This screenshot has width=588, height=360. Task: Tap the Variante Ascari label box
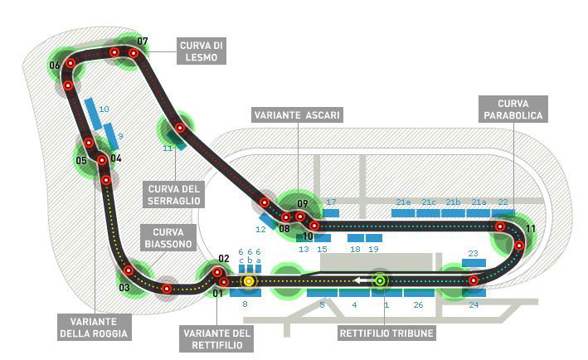click(298, 114)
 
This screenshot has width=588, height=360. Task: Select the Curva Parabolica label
click(513, 108)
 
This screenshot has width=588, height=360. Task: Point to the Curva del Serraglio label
click(173, 193)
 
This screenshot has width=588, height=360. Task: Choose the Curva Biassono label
click(168, 237)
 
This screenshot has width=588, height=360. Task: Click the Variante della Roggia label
click(94, 328)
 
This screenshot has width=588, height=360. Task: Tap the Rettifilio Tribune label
click(386, 334)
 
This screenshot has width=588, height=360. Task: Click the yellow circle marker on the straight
click(248, 281)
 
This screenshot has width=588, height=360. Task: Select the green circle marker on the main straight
click(380, 280)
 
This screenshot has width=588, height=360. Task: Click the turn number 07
click(143, 41)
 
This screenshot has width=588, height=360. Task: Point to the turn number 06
click(54, 65)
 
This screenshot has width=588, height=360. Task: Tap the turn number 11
click(531, 228)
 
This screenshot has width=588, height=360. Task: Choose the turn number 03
click(124, 288)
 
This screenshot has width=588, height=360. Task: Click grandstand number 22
click(503, 202)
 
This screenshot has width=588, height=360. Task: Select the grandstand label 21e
click(403, 202)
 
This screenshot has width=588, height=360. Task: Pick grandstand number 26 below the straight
click(418, 305)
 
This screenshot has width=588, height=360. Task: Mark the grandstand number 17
click(331, 202)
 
